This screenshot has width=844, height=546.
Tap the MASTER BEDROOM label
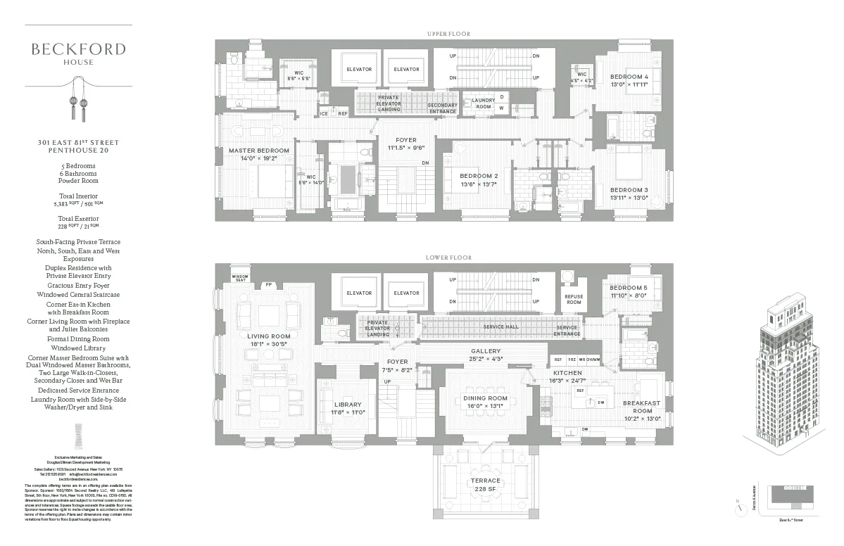(259, 151)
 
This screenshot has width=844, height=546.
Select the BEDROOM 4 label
(629, 76)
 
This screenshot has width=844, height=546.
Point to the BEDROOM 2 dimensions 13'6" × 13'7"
(479, 184)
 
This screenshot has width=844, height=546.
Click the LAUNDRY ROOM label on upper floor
(484, 103)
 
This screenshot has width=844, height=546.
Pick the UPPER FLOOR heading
(448, 34)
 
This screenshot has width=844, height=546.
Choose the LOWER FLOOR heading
(448, 258)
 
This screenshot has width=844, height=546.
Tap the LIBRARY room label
(348, 405)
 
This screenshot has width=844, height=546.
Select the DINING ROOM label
(485, 398)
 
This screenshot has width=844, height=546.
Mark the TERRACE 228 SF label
(485, 484)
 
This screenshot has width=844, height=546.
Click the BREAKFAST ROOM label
(642, 407)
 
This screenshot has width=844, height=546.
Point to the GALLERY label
(485, 350)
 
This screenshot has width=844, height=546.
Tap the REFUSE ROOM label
(574, 299)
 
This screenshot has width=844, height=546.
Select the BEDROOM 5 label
(629, 288)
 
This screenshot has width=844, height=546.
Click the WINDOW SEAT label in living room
(240, 278)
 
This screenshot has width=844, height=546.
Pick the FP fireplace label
(269, 285)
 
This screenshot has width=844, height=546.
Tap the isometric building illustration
(783, 380)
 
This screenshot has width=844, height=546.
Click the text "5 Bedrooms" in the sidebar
(78, 165)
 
